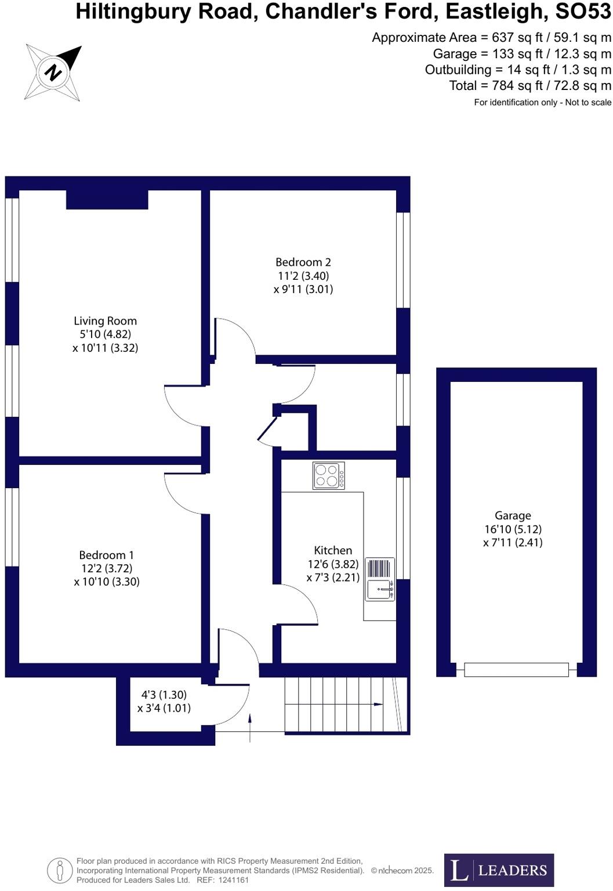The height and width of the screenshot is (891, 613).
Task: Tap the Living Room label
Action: tap(105, 321)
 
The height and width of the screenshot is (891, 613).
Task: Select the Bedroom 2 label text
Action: tap(303, 262)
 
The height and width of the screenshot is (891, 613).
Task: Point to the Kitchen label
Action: tap(333, 550)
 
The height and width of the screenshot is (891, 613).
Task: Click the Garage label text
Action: tap(512, 515)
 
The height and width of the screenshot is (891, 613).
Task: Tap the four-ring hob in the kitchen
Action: tap(329, 475)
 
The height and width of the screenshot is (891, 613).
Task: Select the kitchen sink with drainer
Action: tap(380, 579)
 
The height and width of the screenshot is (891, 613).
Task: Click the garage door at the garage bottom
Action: tap(516, 669)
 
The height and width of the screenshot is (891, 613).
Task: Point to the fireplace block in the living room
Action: tap(107, 199)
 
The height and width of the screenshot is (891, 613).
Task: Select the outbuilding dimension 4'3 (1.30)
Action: tap(164, 695)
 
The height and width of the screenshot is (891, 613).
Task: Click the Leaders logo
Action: tap(499, 870)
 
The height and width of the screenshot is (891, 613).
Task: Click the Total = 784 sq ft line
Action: tap(529, 86)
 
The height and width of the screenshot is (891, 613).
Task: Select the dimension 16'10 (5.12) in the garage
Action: tap(513, 529)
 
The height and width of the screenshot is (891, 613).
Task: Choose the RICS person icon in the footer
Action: tap(59, 871)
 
